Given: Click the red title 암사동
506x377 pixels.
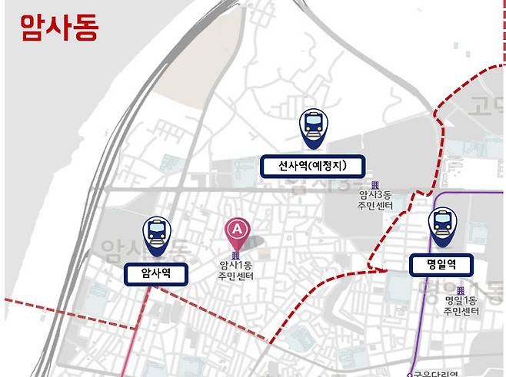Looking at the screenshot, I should [x=60, y=28].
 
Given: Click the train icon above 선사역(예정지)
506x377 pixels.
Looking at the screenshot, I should [x=314, y=127].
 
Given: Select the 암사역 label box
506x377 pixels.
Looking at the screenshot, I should [x=155, y=272].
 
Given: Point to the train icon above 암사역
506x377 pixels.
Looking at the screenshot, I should [x=156, y=233].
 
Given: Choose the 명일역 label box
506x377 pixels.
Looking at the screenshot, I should [x=441, y=265].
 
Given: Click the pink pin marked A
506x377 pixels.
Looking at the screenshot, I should [x=238, y=230].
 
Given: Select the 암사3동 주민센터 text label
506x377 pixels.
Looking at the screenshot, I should [x=375, y=201].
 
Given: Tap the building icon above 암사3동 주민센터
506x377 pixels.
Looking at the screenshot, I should [x=375, y=184].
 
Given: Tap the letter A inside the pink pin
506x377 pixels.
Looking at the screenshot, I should [x=238, y=227].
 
